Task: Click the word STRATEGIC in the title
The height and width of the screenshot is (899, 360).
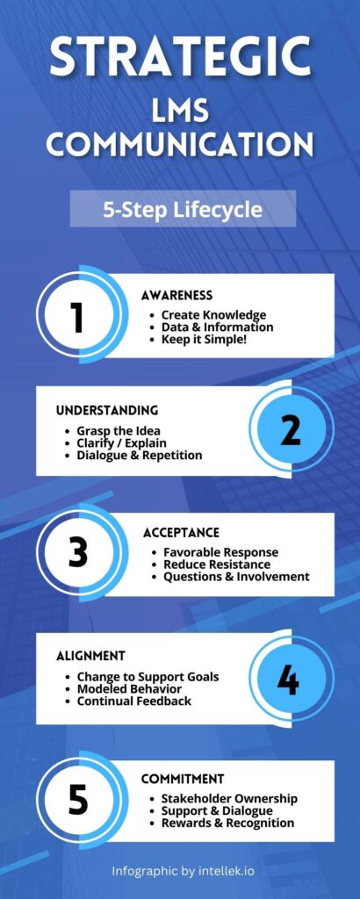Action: tap(180, 57)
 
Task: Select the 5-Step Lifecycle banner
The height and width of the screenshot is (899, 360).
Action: tap(183, 209)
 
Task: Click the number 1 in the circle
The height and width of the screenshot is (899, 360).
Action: tap(78, 317)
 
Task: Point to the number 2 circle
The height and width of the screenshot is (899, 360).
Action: tap(291, 429)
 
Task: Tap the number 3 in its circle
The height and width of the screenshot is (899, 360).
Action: tap(78, 552)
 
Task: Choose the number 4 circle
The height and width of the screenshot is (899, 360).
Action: tap(291, 680)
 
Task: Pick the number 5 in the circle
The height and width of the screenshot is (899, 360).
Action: tap(78, 800)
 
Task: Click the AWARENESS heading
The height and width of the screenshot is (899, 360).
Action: tap(176, 295)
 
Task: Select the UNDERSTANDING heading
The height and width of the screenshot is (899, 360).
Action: tap(107, 411)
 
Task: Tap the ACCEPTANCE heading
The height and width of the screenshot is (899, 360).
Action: tap(181, 533)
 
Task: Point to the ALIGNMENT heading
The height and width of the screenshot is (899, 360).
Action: tap(90, 656)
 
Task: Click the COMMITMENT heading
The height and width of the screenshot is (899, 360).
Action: tap(183, 780)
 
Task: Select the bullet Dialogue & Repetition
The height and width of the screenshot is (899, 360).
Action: tap(140, 456)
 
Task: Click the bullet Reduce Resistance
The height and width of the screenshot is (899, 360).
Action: tap(217, 565)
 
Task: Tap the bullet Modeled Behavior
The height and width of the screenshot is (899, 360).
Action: tap(130, 688)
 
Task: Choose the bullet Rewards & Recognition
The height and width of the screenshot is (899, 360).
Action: tap(227, 823)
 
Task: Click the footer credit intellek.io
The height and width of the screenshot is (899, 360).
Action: tap(226, 871)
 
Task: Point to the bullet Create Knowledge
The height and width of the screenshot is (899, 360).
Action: tap(214, 315)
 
